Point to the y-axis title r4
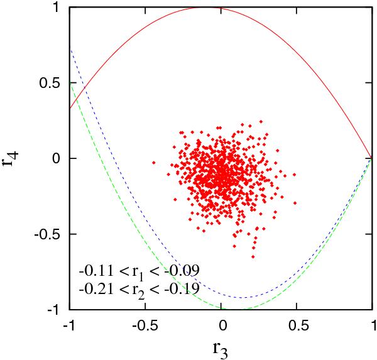[11, 158]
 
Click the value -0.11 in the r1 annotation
[92, 271]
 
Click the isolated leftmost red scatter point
[153, 162]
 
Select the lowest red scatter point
[253, 257]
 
